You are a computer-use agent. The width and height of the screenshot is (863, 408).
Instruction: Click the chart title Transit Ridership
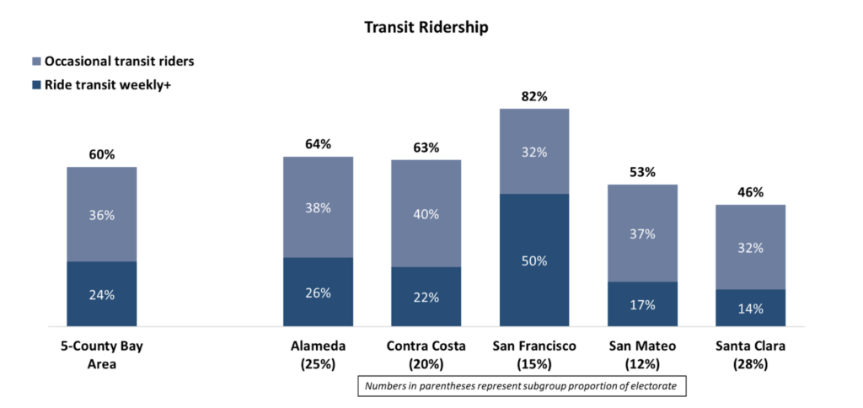426,27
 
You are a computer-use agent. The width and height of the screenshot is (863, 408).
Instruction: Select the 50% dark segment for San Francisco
534,260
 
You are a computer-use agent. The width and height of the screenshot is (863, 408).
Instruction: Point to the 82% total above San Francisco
534,96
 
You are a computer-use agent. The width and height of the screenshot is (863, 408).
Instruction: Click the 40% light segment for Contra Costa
426,214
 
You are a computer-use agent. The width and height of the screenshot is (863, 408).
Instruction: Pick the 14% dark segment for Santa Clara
750,309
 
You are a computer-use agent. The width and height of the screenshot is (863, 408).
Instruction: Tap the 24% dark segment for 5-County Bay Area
102,294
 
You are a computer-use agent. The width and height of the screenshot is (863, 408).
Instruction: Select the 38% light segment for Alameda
319,207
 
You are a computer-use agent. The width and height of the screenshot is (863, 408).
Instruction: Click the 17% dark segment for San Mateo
642,304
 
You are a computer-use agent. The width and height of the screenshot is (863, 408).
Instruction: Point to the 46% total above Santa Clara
750,192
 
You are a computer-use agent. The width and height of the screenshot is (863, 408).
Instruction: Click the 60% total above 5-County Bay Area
102,154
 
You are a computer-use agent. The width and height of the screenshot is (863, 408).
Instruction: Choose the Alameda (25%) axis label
319,355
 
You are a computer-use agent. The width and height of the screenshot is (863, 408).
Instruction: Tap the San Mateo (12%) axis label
642,355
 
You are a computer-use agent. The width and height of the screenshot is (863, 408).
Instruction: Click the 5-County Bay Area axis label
102,355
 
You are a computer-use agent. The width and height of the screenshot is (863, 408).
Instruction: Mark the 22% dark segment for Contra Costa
426,297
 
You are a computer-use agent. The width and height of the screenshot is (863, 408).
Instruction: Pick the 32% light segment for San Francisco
534,152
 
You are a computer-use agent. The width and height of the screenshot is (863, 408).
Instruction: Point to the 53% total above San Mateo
642,172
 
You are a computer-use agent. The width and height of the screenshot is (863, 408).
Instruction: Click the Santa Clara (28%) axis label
750,355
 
